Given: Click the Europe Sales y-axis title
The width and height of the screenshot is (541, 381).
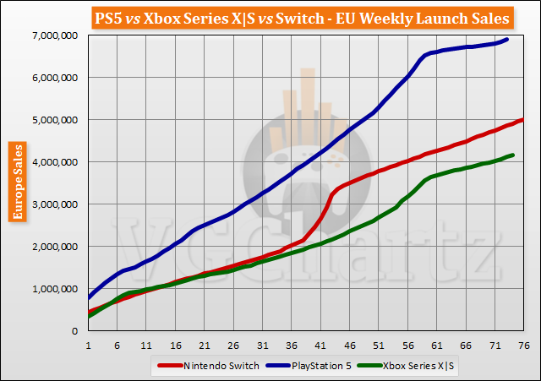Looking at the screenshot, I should [x=16, y=182].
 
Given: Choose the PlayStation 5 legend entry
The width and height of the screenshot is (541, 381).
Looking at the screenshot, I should [x=303, y=365].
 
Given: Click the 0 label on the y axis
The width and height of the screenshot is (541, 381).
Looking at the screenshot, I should [x=74, y=331].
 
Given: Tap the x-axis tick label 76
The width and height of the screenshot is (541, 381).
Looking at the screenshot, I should [x=523, y=345].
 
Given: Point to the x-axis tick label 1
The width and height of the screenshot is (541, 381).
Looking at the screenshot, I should [x=88, y=345].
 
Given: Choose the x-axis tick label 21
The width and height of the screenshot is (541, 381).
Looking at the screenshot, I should [x=205, y=345].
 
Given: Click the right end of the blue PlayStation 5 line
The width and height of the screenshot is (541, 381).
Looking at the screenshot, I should [x=507, y=39].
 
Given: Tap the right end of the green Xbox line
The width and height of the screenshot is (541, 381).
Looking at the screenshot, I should [x=513, y=155].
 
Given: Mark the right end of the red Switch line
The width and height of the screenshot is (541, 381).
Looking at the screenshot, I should [x=524, y=119].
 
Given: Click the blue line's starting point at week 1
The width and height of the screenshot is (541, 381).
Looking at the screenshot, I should [x=88, y=297].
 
